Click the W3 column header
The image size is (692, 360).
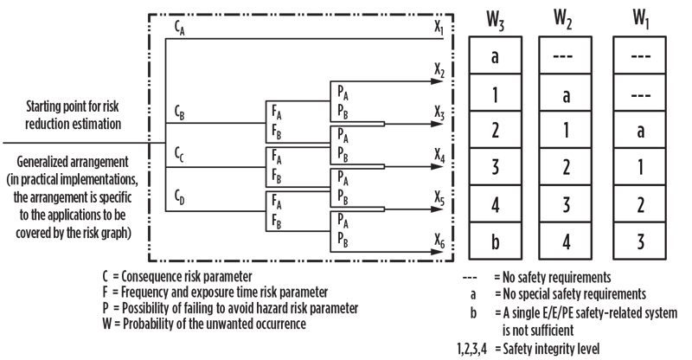(495, 20)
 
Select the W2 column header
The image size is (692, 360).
(563, 19)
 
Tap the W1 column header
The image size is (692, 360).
(641, 18)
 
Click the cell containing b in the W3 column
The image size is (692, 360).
(495, 241)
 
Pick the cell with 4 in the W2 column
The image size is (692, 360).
(566, 241)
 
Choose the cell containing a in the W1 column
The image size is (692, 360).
(640, 130)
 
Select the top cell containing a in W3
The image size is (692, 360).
(495, 55)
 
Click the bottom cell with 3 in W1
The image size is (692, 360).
(640, 241)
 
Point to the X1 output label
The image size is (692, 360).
(439, 29)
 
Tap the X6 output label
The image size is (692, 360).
(439, 241)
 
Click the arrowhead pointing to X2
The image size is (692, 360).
(437, 81)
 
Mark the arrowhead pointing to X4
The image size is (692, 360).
(437, 167)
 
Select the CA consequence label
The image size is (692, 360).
(179, 29)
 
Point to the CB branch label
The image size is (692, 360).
(179, 113)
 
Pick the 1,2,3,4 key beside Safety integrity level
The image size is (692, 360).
(472, 350)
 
